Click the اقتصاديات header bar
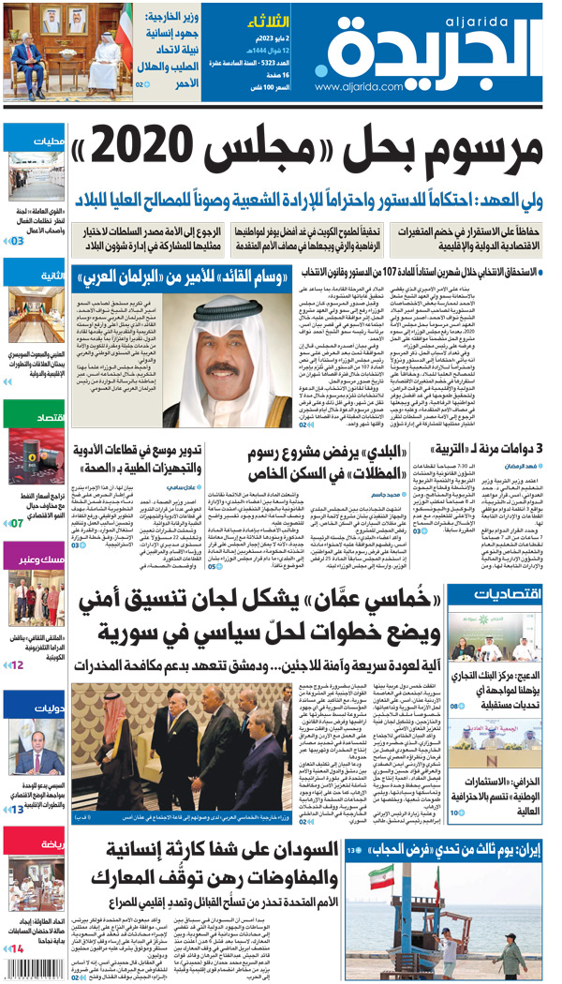(506, 594)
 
